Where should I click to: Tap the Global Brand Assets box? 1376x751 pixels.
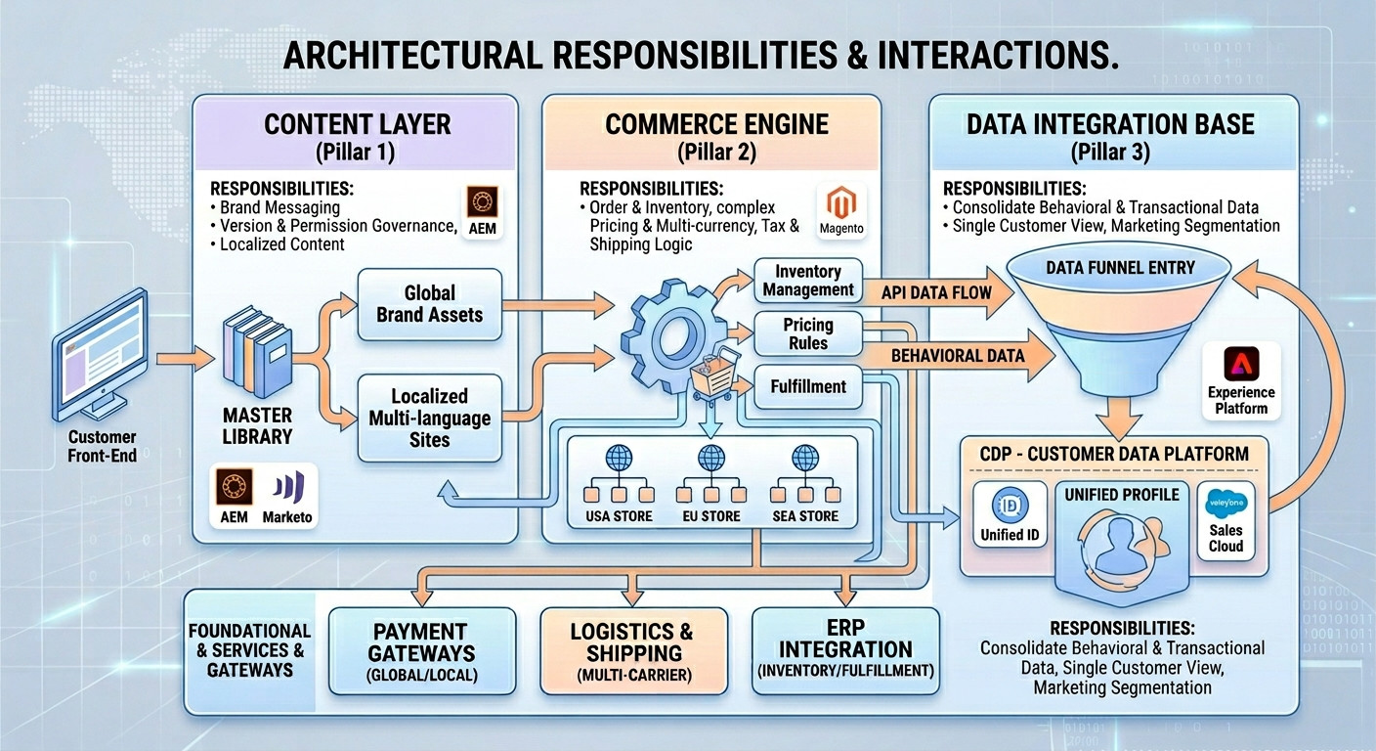(x=429, y=304)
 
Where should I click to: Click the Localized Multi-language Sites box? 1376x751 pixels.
(x=429, y=418)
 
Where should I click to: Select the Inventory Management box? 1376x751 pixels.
(x=808, y=281)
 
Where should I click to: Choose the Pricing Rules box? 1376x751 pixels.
(x=807, y=334)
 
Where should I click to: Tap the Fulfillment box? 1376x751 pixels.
(x=807, y=386)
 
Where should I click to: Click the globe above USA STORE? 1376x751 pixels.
(x=619, y=457)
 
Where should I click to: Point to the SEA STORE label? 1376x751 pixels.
(x=805, y=515)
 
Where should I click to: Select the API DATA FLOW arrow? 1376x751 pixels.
(x=936, y=292)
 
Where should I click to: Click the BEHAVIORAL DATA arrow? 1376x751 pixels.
(x=958, y=356)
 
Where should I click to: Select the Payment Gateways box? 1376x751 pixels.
(x=421, y=650)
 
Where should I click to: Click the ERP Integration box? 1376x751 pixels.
(x=845, y=650)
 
